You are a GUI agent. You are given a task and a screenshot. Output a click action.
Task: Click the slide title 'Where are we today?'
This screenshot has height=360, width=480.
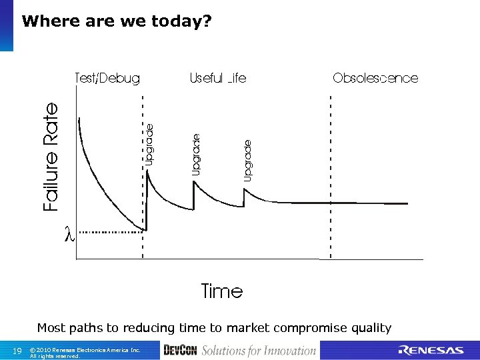pyautogui.click(x=117, y=21)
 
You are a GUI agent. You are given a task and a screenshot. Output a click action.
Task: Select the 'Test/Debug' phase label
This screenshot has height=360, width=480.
pyautogui.click(x=107, y=79)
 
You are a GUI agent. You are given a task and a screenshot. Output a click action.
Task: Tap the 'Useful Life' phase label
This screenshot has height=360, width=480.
pyautogui.click(x=218, y=79)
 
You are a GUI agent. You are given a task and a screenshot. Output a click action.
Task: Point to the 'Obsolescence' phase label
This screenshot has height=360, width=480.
pyautogui.click(x=375, y=79)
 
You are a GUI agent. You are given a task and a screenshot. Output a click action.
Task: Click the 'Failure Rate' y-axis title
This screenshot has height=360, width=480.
pyautogui.click(x=51, y=157)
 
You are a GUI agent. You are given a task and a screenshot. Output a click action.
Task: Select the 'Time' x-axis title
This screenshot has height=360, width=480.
pyautogui.click(x=222, y=291)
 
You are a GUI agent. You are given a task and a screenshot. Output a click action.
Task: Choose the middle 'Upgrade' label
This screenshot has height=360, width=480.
pyautogui.click(x=196, y=155)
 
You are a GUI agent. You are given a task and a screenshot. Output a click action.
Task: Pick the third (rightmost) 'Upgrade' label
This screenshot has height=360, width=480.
pyautogui.click(x=248, y=160)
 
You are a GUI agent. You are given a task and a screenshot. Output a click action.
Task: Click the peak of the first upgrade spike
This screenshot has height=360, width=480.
pyautogui.click(x=147, y=172)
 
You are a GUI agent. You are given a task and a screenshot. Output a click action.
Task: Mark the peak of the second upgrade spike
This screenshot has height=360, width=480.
pyautogui.click(x=194, y=182)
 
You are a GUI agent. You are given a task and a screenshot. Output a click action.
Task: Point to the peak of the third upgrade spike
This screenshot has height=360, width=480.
pyautogui.click(x=244, y=190)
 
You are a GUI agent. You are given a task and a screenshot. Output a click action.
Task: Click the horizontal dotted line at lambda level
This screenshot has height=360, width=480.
pyautogui.click(x=110, y=232)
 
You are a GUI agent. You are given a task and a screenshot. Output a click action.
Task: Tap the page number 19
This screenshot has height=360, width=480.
pyautogui.click(x=18, y=351)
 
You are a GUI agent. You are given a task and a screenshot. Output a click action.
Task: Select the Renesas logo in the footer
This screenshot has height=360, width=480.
pyautogui.click(x=431, y=351)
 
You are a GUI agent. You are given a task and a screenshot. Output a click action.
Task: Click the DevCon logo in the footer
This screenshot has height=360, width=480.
pyautogui.click(x=180, y=351)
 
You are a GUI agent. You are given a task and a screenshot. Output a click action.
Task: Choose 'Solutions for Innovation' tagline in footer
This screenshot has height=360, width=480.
pyautogui.click(x=259, y=351)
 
